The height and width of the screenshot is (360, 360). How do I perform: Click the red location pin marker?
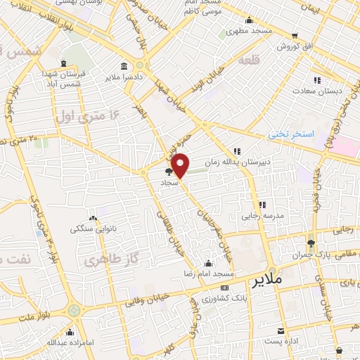coord(181,166)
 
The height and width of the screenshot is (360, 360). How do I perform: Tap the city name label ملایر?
coord(265,279)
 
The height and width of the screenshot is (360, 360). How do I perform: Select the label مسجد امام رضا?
coord(207,271)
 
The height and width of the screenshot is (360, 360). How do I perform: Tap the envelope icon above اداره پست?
coord(281,330)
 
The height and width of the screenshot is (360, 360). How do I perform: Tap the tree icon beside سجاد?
coord(167,171)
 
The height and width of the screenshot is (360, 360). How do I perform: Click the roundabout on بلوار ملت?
coord(73,310)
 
